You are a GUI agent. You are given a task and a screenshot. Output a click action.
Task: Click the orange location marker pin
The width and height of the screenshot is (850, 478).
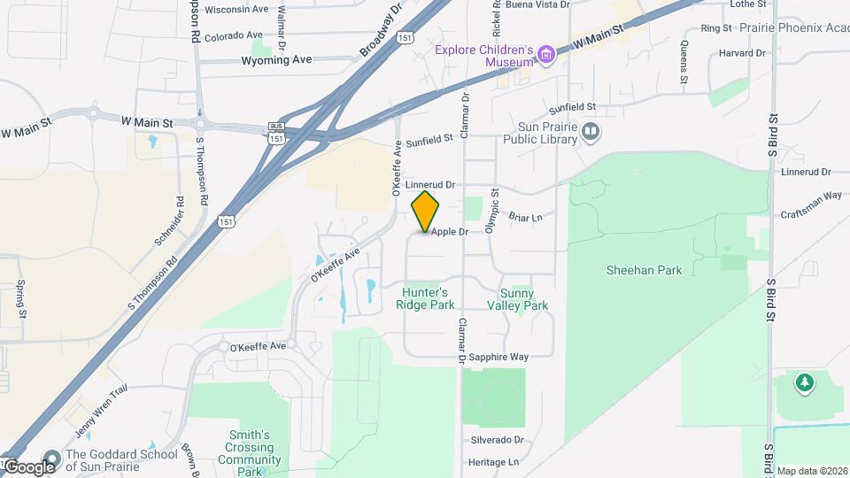425,211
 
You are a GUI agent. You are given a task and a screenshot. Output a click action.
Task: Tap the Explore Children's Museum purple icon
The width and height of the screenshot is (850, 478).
546,56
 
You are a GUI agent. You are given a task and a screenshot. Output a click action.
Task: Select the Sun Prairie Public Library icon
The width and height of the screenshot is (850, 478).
591,133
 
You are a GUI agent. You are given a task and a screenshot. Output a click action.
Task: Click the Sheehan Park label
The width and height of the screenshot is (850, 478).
645,270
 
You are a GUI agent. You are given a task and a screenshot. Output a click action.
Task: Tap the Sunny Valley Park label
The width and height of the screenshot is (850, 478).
518,299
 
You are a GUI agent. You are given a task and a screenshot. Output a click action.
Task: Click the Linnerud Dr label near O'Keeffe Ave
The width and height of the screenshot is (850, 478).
430,185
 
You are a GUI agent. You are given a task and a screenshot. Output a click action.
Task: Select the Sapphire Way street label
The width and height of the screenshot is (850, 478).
499,357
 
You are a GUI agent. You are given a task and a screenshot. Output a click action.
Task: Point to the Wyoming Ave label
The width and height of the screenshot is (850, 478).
277,60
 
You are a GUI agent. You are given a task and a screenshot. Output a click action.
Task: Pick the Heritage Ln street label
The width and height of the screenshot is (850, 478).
493,462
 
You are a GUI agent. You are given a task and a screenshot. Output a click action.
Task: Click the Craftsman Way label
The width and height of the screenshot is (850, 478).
811,195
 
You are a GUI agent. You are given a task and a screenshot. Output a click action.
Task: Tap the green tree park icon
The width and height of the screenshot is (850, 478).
804,383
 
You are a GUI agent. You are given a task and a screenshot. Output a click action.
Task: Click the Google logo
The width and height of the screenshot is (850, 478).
29,466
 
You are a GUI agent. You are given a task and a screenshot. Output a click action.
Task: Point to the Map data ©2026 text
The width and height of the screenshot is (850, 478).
812,470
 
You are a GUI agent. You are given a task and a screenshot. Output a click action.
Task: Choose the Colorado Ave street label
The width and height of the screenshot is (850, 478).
236,37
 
